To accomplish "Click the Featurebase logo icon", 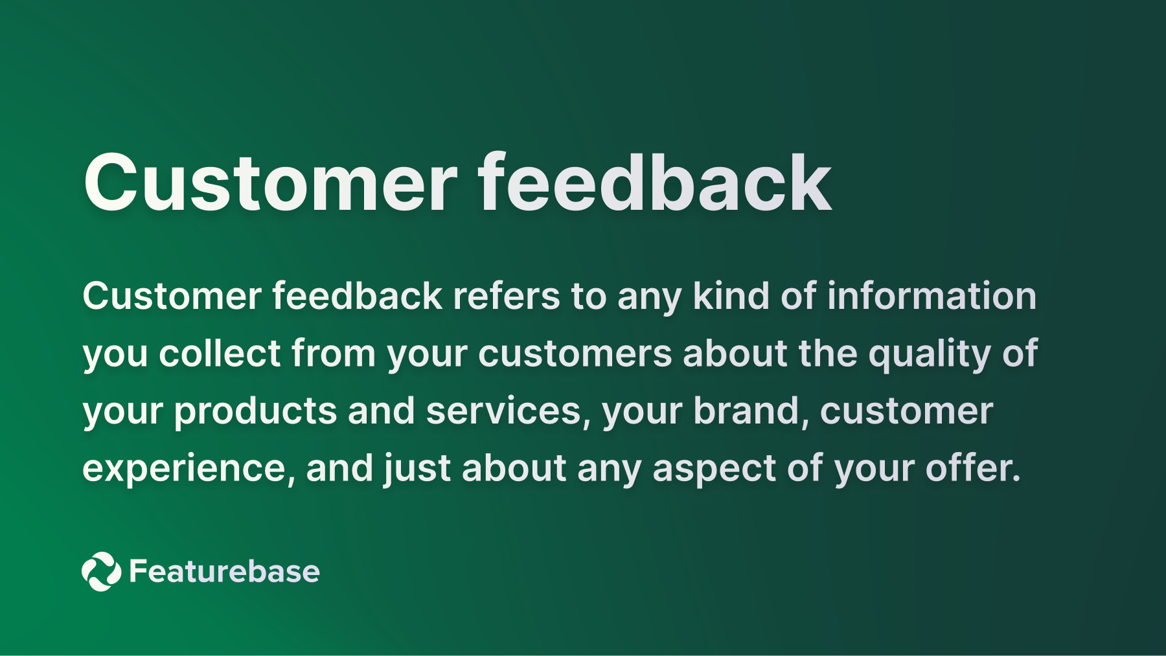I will (x=102, y=571).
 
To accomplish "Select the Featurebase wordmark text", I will (x=224, y=571).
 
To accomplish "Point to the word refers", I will (x=506, y=297).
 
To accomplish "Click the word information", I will (x=932, y=297).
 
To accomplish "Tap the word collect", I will (x=220, y=354).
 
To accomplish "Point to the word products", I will (x=255, y=411).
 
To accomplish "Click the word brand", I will (x=750, y=411).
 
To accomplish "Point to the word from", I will (x=334, y=354).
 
